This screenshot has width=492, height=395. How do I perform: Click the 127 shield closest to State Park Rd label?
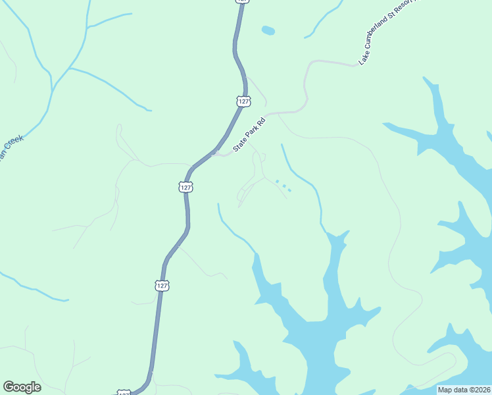tap(243, 101)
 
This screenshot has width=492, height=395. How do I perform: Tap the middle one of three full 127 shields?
tap(186, 187)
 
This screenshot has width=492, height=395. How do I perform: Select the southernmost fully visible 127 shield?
tap(162, 286)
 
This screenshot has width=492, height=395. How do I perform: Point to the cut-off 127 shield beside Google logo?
tap(124, 392)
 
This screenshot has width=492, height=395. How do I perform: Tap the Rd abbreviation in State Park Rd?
tap(261, 122)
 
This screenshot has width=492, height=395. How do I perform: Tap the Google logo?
tap(22, 387)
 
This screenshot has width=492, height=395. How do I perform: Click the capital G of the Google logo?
tap(9, 387)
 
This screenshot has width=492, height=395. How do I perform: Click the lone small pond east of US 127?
tap(268, 30)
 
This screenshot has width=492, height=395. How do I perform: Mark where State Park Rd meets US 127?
tap(215, 153)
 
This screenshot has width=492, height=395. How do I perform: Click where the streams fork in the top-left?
tap(68, 68)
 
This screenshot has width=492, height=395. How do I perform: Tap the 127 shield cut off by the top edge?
tap(242, 1)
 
